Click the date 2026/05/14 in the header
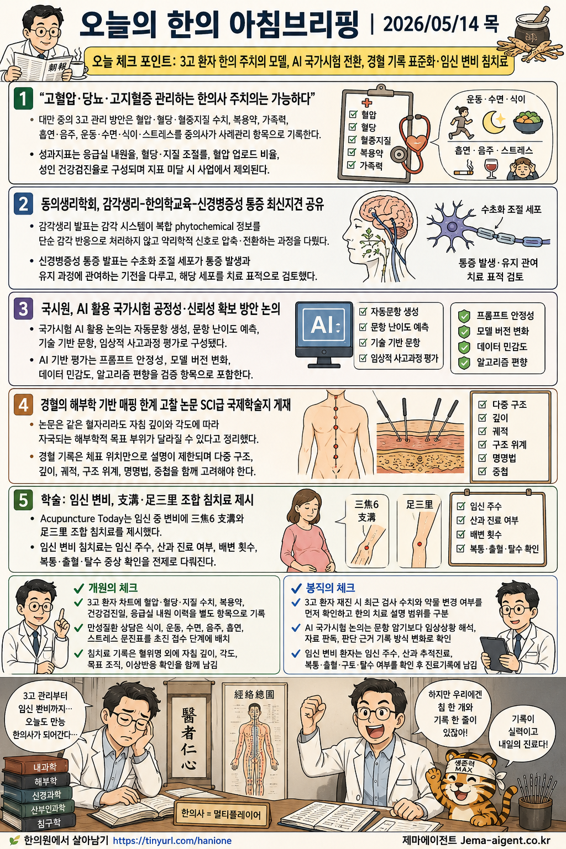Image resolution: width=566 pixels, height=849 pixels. click(x=431, y=25)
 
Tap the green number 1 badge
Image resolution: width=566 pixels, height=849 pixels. click(x=23, y=99)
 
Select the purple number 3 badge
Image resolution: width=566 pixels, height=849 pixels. click(x=23, y=309)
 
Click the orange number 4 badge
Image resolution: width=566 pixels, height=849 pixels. click(x=23, y=405)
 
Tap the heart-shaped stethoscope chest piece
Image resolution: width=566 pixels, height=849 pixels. click(x=416, y=143)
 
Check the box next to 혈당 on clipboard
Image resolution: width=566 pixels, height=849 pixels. click(x=352, y=127)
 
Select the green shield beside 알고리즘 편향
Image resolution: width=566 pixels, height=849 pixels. click(x=464, y=363)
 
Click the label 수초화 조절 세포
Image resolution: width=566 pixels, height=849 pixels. click(x=511, y=209)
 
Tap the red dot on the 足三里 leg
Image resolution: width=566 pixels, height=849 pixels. click(x=420, y=544)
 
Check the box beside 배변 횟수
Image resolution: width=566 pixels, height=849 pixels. click(x=460, y=534)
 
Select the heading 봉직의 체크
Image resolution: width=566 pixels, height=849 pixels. click(x=330, y=588)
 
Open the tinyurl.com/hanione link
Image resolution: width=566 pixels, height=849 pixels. click(x=172, y=841)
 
